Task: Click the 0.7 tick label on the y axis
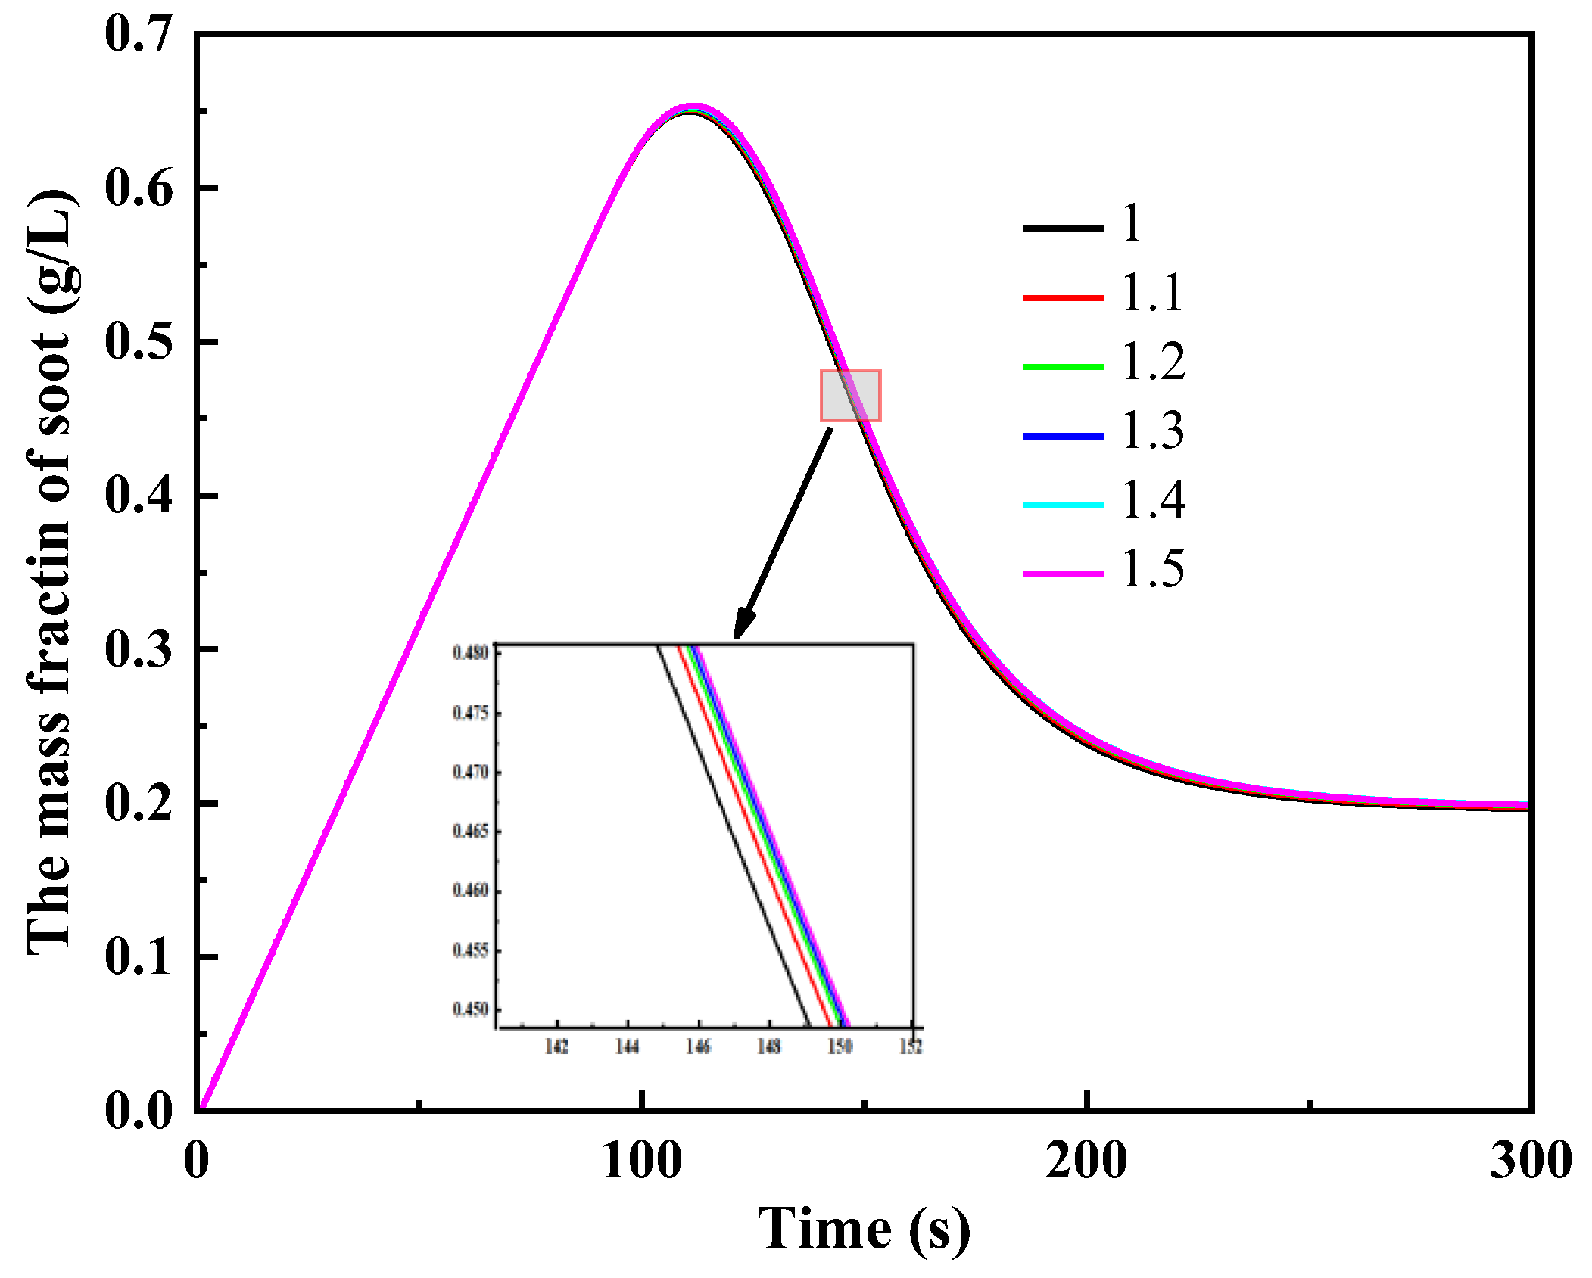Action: [x=139, y=34]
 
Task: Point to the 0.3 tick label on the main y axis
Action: [x=139, y=649]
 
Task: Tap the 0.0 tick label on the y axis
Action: [x=139, y=1111]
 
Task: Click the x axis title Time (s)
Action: [x=864, y=1230]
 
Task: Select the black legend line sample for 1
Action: [x=1063, y=228]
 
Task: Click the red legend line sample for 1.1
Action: [x=1063, y=297]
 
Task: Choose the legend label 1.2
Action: [x=1152, y=361]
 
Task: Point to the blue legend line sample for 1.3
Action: [x=1063, y=436]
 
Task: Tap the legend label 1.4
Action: [x=1152, y=499]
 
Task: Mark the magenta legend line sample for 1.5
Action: [x=1063, y=574]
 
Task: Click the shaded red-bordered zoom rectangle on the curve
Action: [x=850, y=395]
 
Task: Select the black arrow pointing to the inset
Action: [x=784, y=533]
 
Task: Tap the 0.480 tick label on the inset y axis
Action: [x=470, y=652]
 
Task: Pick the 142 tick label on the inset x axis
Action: [x=556, y=1046]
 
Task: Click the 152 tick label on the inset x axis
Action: [x=911, y=1046]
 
